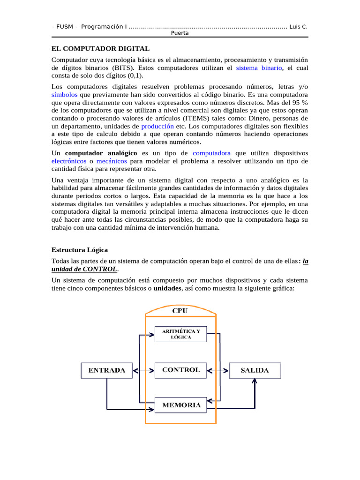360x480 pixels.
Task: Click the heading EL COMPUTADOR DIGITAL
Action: pyautogui.click(x=100, y=49)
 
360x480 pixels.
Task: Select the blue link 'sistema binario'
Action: pyautogui.click(x=259, y=68)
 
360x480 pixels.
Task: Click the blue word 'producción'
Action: pyautogui.click(x=157, y=127)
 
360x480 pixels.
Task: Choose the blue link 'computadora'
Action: pyautogui.click(x=211, y=153)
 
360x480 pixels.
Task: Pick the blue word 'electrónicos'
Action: pyautogui.click(x=68, y=161)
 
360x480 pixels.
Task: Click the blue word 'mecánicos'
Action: pyautogui.click(x=111, y=161)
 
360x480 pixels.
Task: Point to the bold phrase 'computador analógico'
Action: pyautogui.click(x=101, y=153)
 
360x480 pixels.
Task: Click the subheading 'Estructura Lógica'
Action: pyautogui.click(x=80, y=250)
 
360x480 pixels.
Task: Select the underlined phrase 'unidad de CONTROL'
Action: pyautogui.click(x=84, y=269)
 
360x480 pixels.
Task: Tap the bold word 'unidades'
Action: pyautogui.click(x=167, y=288)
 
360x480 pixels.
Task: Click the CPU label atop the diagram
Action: pyautogui.click(x=180, y=310)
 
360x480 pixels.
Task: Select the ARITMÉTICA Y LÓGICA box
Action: pyautogui.click(x=180, y=334)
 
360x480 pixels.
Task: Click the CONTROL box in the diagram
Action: pyautogui.click(x=180, y=370)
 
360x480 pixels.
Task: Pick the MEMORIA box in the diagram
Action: pyautogui.click(x=180, y=405)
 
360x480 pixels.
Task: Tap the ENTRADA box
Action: pyautogui.click(x=107, y=370)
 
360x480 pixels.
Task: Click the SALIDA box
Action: pyautogui.click(x=255, y=370)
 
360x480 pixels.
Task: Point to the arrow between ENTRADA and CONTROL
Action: pyautogui.click(x=144, y=370)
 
